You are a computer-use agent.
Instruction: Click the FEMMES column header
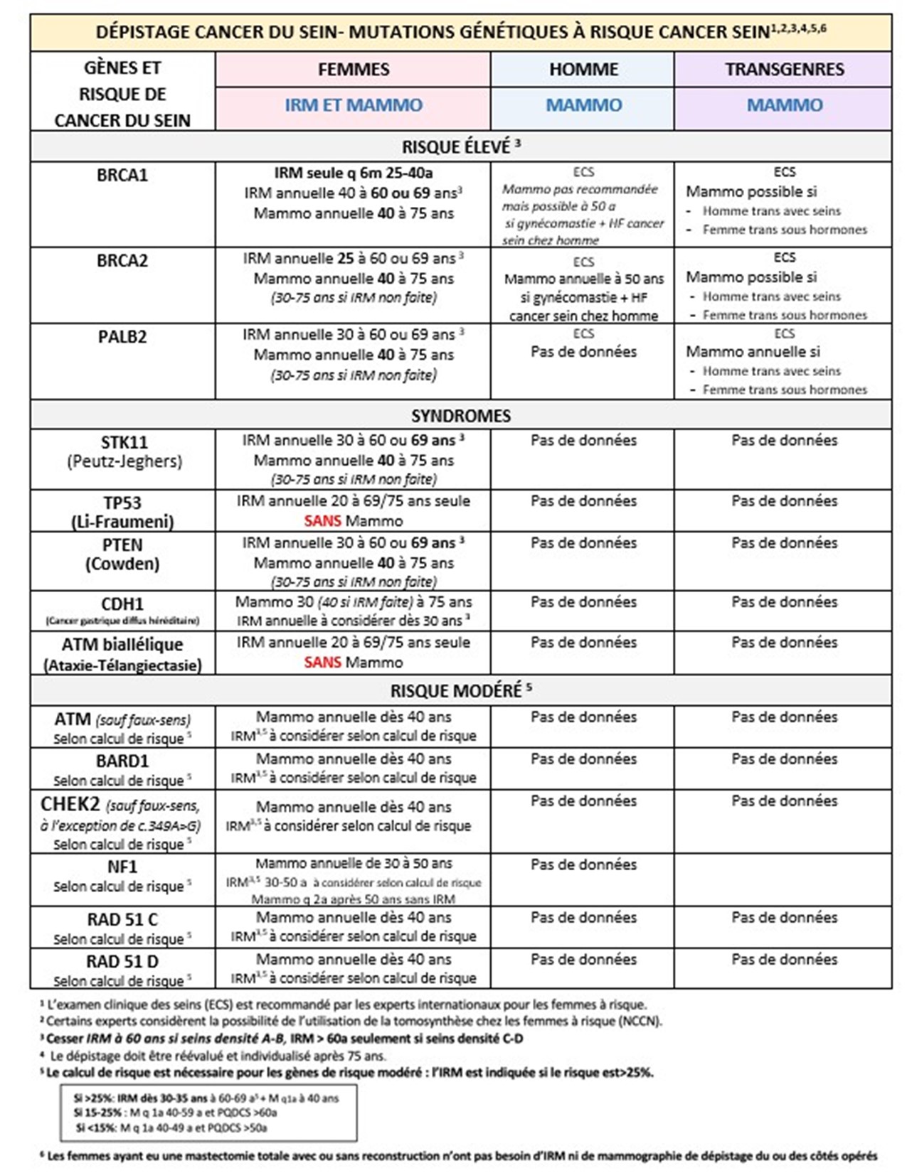pos(353,70)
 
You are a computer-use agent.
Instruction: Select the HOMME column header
pos(583,70)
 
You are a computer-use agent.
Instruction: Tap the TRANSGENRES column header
pos(784,70)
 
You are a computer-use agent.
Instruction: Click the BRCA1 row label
pos(122,175)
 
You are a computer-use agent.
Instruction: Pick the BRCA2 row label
pos(122,261)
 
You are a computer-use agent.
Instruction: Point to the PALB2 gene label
pos(122,337)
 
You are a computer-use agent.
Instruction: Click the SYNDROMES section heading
pos(460,416)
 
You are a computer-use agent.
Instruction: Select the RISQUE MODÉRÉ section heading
pos(460,691)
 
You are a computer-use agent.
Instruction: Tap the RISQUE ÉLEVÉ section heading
pos(460,147)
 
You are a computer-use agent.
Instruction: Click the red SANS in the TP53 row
pos(322,521)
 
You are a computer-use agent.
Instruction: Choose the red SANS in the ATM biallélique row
pos(322,663)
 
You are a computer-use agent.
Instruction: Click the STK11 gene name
pos(124,443)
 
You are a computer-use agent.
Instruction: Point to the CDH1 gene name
pos(122,604)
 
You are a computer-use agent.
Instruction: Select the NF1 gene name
pos(122,867)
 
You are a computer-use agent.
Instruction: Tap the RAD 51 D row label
pos(122,962)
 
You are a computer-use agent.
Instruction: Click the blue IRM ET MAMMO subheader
pos(353,105)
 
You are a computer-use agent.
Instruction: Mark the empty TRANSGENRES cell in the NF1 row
pos(783,879)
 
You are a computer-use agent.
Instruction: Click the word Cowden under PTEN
pos(122,564)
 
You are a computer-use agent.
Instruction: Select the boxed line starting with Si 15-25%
pos(175,1113)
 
